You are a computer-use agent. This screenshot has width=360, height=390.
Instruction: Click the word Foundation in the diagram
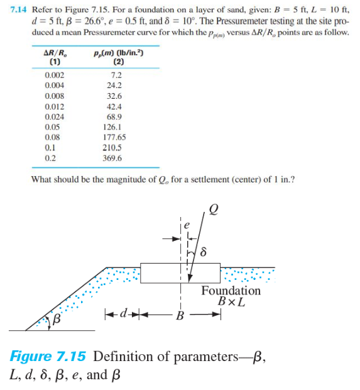pos(231,291)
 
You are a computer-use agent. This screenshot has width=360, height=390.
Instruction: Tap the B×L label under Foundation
pos(231,302)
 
